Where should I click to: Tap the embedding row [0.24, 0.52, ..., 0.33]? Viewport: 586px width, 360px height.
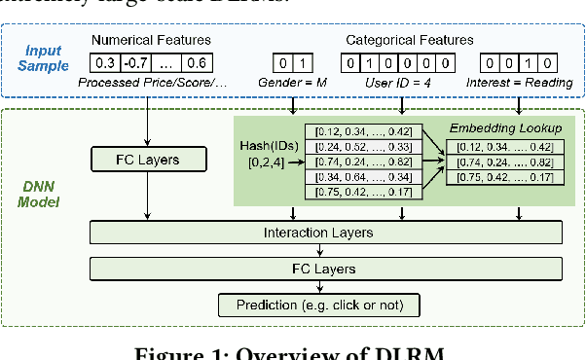[x=362, y=147]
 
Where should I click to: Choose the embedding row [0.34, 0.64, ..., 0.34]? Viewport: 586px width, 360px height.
[x=362, y=177]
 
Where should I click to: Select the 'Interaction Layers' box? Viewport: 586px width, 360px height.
[x=325, y=233]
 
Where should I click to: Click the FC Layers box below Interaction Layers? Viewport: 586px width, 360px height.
[x=325, y=269]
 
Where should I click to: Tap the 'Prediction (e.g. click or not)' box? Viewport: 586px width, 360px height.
[x=320, y=306]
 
